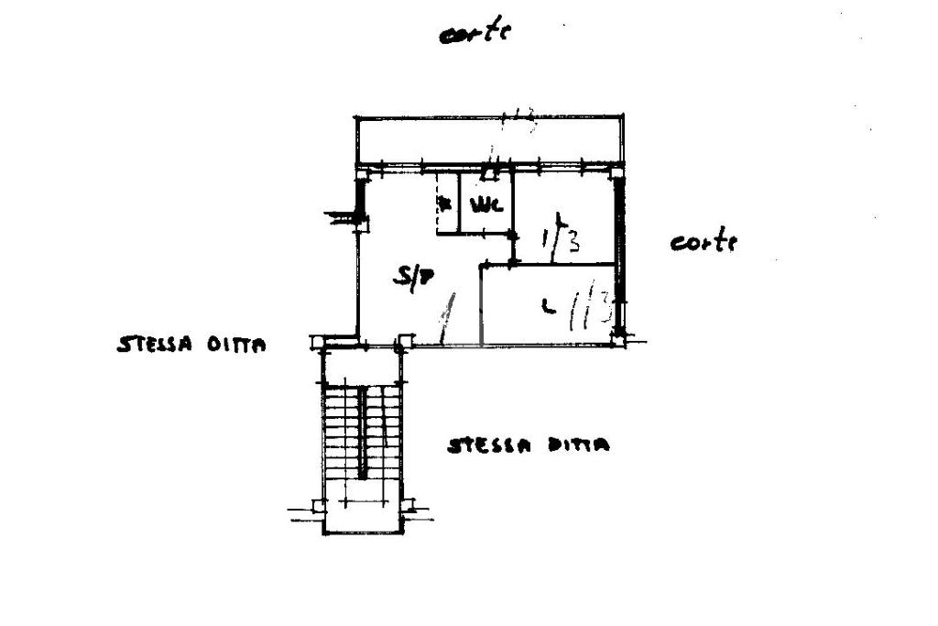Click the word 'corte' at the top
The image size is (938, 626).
click(x=474, y=34)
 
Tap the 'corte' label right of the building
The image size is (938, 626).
click(x=703, y=243)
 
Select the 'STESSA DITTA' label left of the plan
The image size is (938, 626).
click(x=191, y=346)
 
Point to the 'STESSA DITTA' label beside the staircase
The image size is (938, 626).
click(x=529, y=446)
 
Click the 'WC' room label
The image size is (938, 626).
click(x=486, y=205)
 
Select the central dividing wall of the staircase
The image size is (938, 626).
click(x=363, y=431)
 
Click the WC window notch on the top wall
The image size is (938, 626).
click(x=493, y=169)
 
